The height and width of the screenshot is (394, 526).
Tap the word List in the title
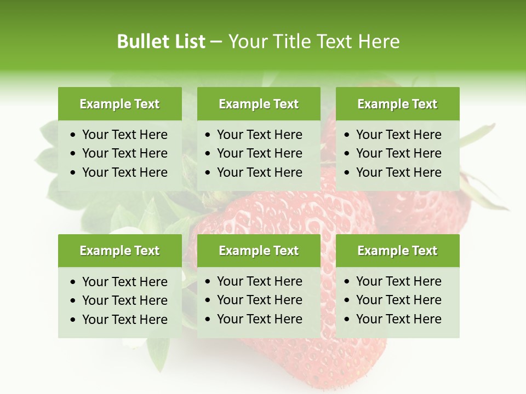(188, 42)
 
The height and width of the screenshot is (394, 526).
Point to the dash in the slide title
(216, 42)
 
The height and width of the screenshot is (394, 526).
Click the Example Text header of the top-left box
(119, 104)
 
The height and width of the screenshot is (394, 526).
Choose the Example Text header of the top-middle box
(259, 104)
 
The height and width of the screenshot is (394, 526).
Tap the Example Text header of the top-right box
(397, 104)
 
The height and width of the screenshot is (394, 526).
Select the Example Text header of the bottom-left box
(119, 251)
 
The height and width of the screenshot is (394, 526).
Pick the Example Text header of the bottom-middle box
(259, 251)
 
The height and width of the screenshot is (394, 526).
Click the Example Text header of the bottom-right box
(397, 251)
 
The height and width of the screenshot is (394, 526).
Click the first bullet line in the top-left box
(124, 135)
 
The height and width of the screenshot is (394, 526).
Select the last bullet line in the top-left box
(124, 172)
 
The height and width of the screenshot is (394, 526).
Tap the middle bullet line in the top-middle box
(259, 153)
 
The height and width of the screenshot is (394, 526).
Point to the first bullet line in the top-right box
(398, 135)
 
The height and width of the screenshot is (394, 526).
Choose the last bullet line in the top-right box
(398, 172)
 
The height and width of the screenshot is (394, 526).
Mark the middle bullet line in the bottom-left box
(124, 300)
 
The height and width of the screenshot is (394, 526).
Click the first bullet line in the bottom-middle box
(259, 281)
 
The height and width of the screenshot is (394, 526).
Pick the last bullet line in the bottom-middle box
(259, 319)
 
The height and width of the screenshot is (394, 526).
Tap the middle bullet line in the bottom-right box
(398, 300)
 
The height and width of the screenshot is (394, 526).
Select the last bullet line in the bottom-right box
(398, 319)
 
